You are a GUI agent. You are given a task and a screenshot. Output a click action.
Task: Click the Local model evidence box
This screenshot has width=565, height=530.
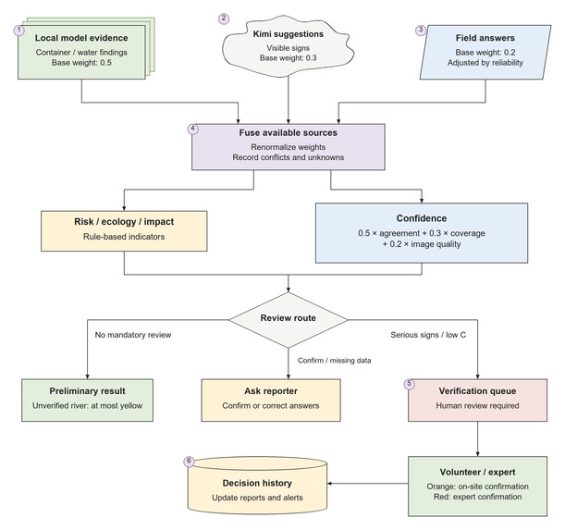point(81,52)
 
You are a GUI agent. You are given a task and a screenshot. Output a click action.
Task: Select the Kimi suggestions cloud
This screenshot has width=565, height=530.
point(289,46)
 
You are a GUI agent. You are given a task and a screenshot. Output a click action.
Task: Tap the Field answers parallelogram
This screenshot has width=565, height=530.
point(485,52)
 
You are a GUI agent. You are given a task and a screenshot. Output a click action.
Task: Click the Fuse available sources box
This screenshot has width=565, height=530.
point(289,147)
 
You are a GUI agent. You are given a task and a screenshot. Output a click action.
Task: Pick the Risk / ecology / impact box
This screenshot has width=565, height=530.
point(124,230)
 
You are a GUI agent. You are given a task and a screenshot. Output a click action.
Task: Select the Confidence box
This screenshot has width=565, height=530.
point(422,233)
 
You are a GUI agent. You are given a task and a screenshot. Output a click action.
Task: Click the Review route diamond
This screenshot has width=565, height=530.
point(289,320)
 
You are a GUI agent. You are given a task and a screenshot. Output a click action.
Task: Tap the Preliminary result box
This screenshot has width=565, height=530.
point(87,400)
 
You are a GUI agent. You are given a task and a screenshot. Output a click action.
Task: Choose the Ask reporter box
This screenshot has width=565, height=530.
point(271,400)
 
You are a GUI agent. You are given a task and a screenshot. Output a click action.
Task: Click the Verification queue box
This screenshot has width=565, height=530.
point(477,400)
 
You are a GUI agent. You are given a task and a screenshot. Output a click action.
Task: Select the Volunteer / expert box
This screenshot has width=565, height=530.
point(477,487)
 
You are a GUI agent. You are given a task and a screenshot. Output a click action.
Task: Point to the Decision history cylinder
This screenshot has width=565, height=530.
point(257,486)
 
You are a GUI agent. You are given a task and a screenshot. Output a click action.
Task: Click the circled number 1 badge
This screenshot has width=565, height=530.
point(19,31)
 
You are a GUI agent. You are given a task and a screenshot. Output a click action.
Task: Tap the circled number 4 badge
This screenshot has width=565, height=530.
point(193,129)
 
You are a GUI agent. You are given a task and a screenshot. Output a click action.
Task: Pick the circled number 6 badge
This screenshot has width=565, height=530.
point(189,462)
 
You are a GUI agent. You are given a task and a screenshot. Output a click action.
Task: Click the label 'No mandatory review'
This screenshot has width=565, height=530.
point(133,335)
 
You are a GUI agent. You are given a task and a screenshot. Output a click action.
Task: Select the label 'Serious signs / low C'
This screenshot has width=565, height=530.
point(428,335)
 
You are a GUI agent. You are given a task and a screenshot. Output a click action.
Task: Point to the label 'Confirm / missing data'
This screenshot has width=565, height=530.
point(335,361)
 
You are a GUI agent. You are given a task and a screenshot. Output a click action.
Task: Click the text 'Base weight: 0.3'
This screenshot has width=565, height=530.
point(289,57)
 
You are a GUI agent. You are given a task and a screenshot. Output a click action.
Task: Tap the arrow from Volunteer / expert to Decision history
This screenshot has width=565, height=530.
point(368,484)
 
